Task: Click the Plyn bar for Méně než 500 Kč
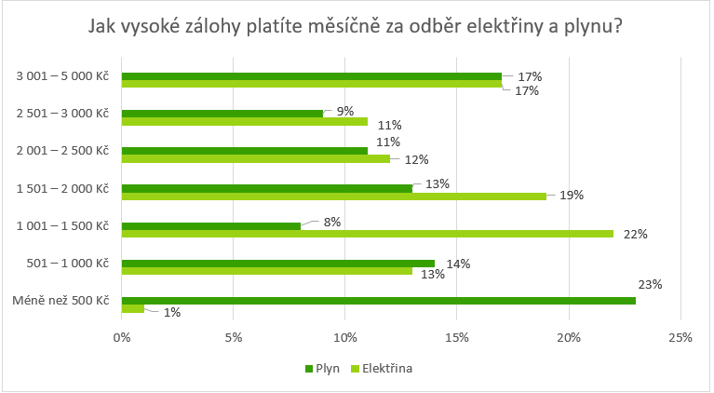click(x=378, y=301)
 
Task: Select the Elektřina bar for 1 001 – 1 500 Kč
click(x=368, y=234)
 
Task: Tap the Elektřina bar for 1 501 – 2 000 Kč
click(x=333, y=196)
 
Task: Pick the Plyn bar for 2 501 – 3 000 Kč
click(x=222, y=114)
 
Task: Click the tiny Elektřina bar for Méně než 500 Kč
click(x=133, y=309)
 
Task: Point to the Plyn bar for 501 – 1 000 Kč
click(x=277, y=264)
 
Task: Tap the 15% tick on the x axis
click(x=457, y=337)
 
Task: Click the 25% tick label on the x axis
click(x=680, y=337)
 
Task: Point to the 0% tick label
click(x=121, y=337)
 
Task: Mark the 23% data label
click(x=650, y=285)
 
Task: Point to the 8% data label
click(x=332, y=223)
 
